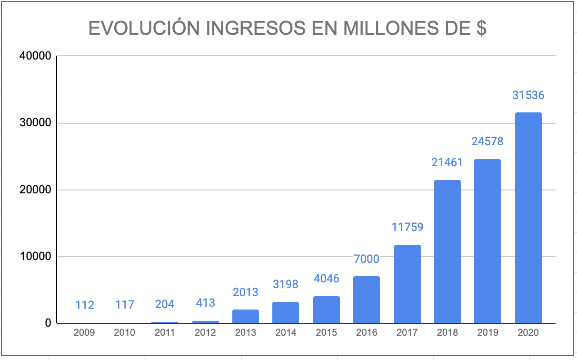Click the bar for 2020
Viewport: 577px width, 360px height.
[x=528, y=218]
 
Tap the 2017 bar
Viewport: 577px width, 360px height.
[x=407, y=284]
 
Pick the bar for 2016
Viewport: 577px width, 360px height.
[x=367, y=300]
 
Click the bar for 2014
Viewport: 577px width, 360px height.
[x=286, y=312]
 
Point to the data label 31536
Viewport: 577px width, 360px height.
[x=528, y=95]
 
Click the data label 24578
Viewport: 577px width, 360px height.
[x=487, y=141]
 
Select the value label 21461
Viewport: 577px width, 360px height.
[x=447, y=162]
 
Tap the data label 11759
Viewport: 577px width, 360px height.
[x=407, y=227]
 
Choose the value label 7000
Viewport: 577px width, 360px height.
[x=367, y=259]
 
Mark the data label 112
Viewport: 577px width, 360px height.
[x=85, y=304]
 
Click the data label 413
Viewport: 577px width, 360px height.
[x=205, y=302]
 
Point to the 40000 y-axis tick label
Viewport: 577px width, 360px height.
[x=35, y=56]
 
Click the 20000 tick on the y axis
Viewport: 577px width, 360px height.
[x=35, y=190]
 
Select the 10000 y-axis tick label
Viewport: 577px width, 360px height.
[x=35, y=257]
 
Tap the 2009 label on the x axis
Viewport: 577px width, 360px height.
[x=84, y=332]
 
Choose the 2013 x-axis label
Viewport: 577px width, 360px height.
[x=246, y=332]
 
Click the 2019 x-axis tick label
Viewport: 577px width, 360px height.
[x=487, y=332]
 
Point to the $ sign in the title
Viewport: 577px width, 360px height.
[x=481, y=29]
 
